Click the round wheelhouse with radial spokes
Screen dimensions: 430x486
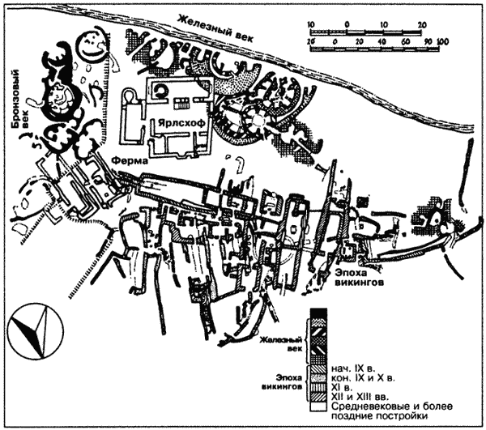click(258, 121)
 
